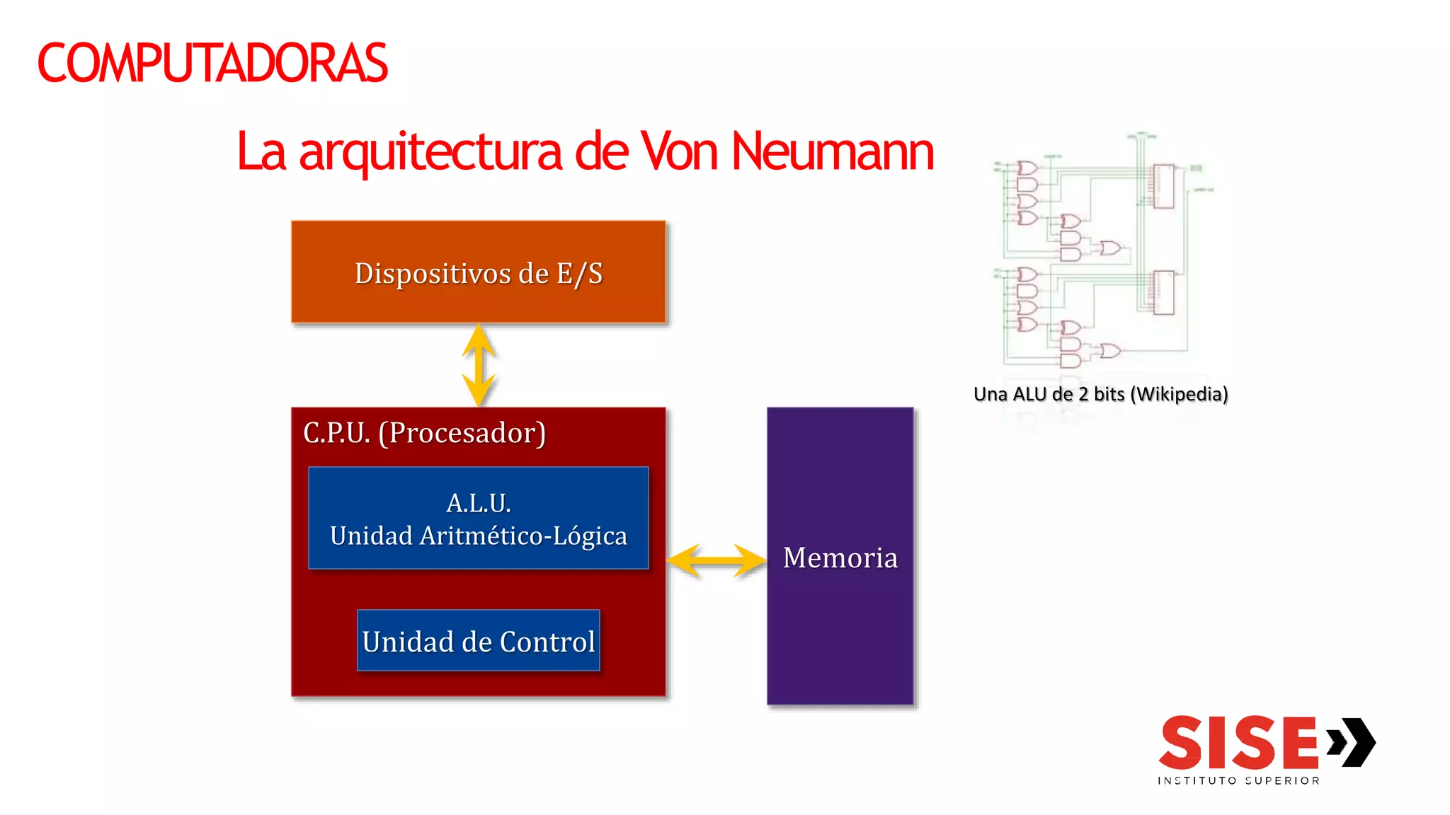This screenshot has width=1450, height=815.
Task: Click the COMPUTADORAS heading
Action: coord(212,64)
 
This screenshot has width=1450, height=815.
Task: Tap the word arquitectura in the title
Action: coord(430,153)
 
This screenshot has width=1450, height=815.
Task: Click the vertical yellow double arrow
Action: coord(479,365)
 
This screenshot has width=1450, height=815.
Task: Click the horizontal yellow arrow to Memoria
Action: coord(716,561)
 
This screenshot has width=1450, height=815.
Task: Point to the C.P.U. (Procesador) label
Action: coord(424,433)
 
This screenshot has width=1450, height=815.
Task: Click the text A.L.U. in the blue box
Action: coord(479,503)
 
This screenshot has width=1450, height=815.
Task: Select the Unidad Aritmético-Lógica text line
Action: coord(479,536)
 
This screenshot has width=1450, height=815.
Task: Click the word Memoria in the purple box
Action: coord(840,558)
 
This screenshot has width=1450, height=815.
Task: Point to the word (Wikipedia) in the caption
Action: coord(1179,394)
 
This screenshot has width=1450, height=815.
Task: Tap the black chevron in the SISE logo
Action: coord(1354,742)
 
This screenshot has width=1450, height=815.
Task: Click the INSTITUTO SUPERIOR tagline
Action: coord(1238,781)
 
